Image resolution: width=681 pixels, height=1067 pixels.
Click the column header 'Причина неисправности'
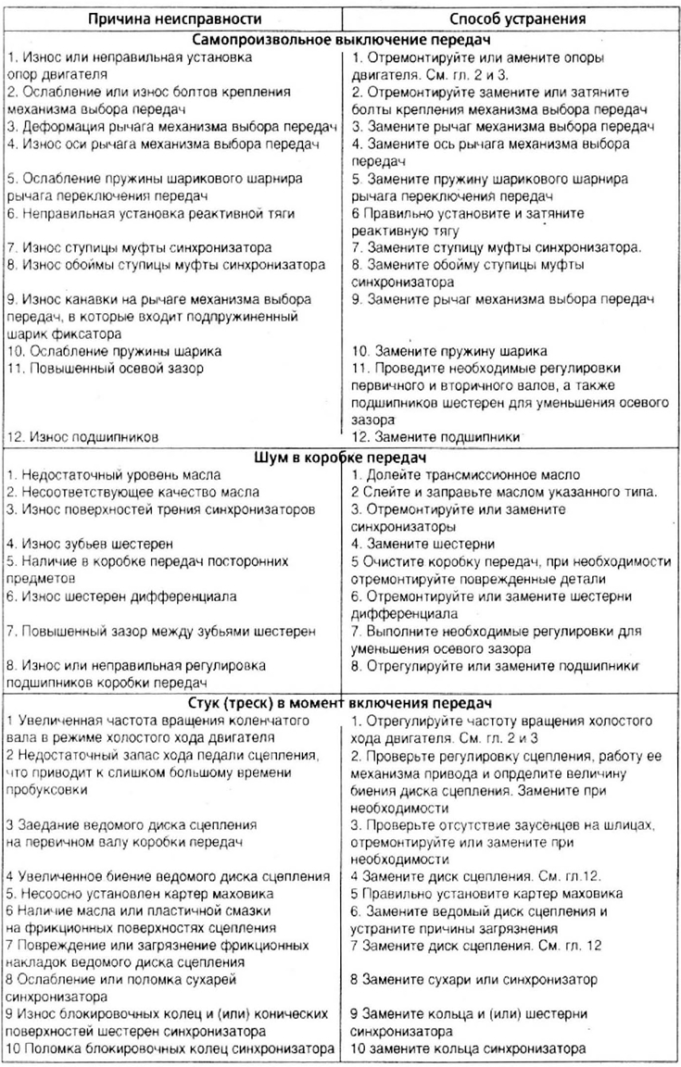tap(171, 19)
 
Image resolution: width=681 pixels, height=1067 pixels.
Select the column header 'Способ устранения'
tap(511, 19)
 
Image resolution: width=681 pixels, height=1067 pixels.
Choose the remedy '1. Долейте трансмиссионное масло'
tap(466, 474)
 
